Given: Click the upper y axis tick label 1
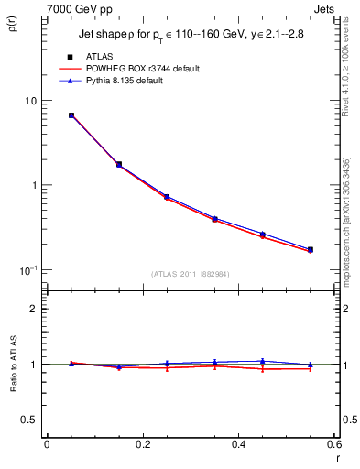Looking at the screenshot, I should (x=33, y=185).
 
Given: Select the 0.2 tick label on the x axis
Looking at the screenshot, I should (x=142, y=444).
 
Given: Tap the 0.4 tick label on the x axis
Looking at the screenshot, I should (x=238, y=444).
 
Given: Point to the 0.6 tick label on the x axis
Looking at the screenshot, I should (x=333, y=444).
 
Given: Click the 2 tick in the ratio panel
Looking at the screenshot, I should (x=33, y=309).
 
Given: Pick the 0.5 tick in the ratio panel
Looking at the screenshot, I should (x=29, y=420).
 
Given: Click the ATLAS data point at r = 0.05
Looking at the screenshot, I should (x=71, y=115).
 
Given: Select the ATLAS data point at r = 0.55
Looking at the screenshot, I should (x=311, y=249).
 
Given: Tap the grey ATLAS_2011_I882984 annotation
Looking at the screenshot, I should (x=191, y=274).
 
